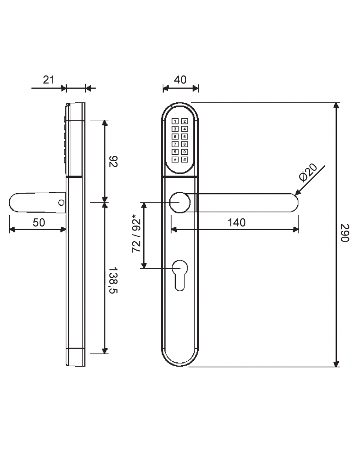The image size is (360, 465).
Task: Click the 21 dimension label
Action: [x=48, y=80]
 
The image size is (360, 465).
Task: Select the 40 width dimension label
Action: [x=180, y=80]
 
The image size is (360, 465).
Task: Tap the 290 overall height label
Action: [x=345, y=233]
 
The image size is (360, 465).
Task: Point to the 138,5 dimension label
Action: [x=113, y=280]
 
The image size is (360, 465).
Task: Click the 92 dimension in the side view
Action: [x=113, y=162]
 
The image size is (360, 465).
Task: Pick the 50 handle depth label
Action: [x=39, y=223]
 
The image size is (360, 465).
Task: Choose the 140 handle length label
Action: [x=236, y=223]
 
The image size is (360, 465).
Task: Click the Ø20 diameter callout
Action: [x=308, y=172]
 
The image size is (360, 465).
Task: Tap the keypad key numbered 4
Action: [x=185, y=129]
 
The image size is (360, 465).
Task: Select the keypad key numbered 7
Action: [x=175, y=144]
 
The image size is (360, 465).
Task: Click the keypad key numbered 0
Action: [x=185, y=152]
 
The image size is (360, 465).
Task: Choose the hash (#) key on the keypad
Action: [x=185, y=160]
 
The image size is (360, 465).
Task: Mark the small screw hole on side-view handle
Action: [x=61, y=203]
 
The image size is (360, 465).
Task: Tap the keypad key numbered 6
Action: [x=185, y=137]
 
